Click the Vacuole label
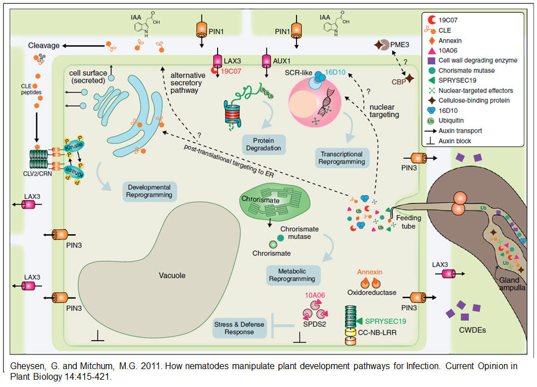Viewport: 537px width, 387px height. pyautogui.click(x=171, y=275)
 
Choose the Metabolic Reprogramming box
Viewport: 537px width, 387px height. pyautogui.click(x=294, y=273)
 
